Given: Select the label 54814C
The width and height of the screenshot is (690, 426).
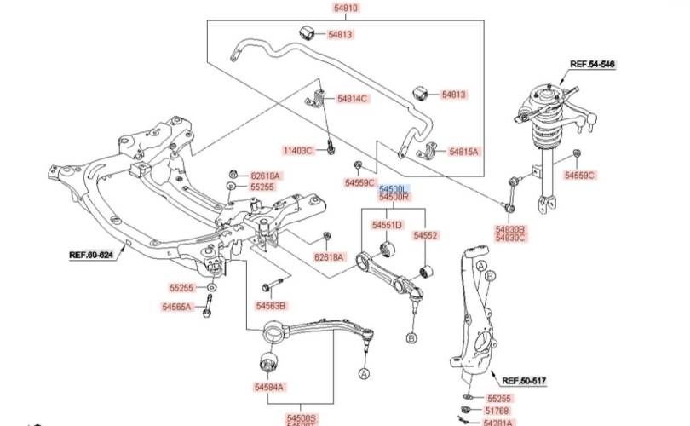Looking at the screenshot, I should point(352,99).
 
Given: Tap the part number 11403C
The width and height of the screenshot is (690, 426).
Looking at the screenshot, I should point(297,151).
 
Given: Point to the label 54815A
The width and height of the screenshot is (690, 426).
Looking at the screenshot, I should point(463,151).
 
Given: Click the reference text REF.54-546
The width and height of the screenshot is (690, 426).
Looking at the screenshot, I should point(592,64).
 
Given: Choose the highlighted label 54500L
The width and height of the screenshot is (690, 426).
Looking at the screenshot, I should point(394,187).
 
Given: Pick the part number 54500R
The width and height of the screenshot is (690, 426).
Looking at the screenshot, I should point(394,197).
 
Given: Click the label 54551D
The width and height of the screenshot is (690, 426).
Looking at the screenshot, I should point(387,226).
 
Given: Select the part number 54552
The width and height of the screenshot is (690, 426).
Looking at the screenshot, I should point(425,234).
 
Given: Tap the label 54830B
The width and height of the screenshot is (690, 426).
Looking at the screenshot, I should point(511,229).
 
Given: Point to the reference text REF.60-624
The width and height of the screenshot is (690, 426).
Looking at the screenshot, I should point(91,254).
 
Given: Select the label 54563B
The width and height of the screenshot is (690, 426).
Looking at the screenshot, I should point(271,306).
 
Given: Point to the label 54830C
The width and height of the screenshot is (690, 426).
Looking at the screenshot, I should point(511,239).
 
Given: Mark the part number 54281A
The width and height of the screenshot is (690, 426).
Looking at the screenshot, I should point(498,422).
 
